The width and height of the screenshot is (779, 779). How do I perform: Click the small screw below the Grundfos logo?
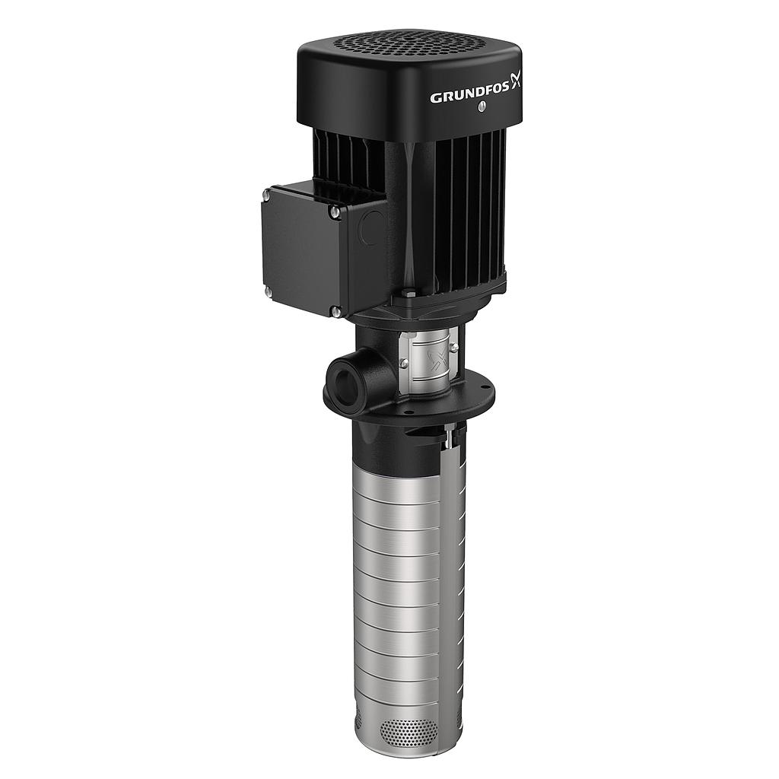[x=481, y=111]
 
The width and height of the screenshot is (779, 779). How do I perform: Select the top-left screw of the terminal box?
[x=265, y=196]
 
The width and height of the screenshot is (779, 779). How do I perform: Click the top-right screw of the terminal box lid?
[x=335, y=214]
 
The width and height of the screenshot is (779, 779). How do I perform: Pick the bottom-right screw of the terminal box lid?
[x=335, y=310]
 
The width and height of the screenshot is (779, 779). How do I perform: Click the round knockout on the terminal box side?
[x=371, y=227]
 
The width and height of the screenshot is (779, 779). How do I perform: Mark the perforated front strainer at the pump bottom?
[x=408, y=732]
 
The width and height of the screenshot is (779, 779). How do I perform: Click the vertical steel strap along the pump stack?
[x=459, y=578]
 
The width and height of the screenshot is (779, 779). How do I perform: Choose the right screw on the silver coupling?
[x=454, y=348]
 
